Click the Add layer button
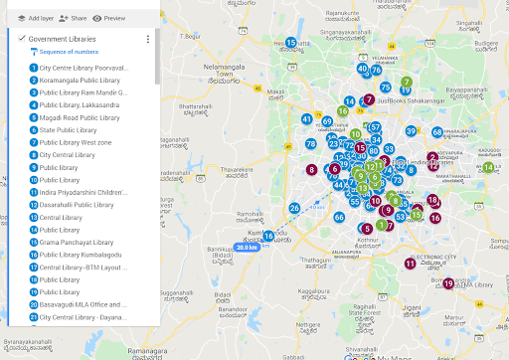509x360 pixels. pyautogui.click(x=36, y=18)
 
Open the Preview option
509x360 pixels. pyautogui.click(x=109, y=18)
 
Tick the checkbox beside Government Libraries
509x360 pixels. pyautogui.click(x=21, y=38)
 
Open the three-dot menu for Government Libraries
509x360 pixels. pyautogui.click(x=147, y=39)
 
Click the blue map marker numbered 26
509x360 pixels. pyautogui.click(x=294, y=208)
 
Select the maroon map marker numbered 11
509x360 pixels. pyautogui.click(x=411, y=264)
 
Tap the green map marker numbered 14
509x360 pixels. pyautogui.click(x=487, y=167)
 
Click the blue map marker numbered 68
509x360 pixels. pyautogui.click(x=437, y=132)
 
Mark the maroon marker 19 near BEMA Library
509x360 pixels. pyautogui.click(x=448, y=283)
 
